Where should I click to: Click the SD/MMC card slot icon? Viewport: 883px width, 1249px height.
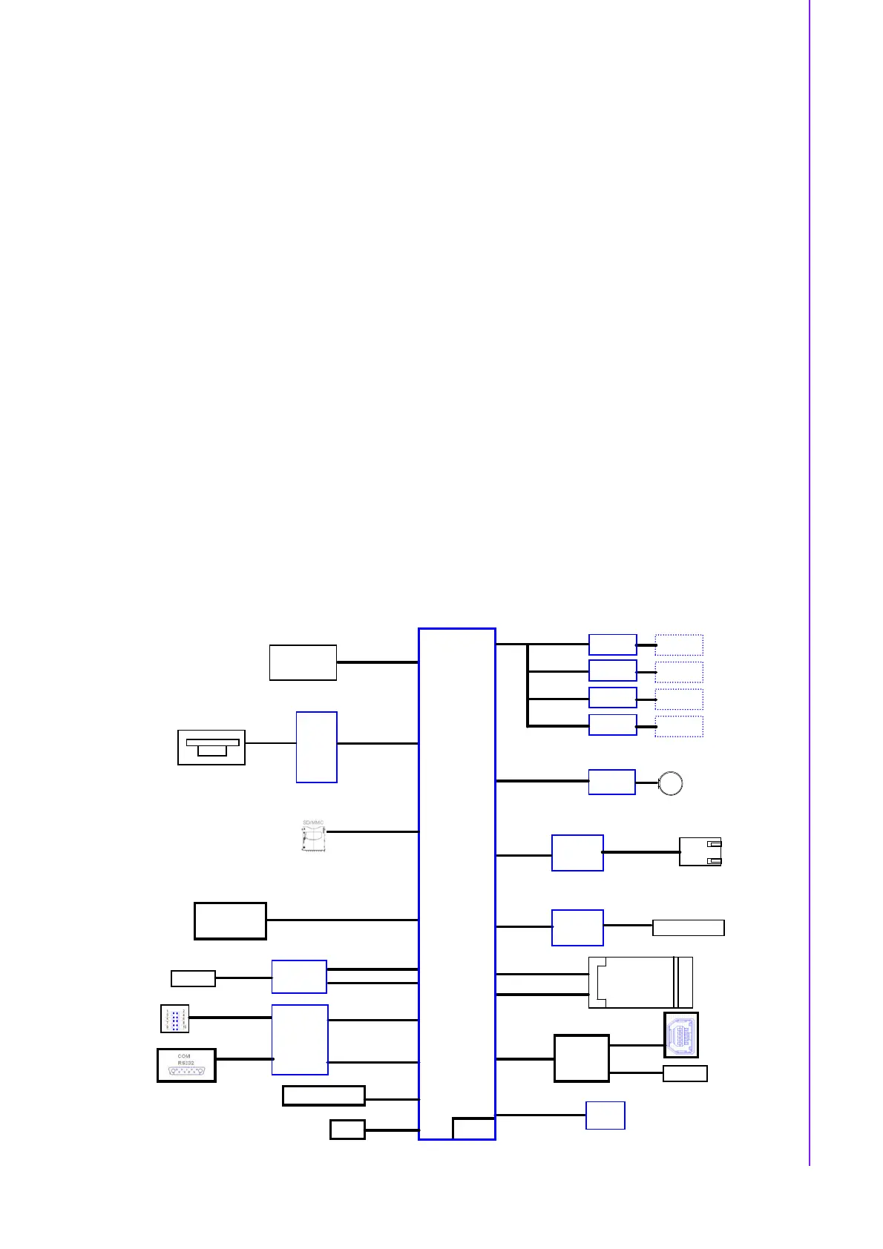(x=314, y=838)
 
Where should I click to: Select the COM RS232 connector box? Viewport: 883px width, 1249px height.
(x=186, y=1065)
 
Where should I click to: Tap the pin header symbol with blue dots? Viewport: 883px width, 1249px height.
(x=175, y=1018)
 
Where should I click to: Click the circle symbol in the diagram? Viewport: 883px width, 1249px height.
(x=671, y=783)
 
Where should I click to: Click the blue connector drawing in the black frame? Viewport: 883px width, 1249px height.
(x=680, y=1035)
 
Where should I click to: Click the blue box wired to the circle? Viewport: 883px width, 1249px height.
(x=611, y=782)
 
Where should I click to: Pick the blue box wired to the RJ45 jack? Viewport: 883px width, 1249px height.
(x=577, y=853)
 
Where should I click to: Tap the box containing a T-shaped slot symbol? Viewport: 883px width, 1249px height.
(x=211, y=747)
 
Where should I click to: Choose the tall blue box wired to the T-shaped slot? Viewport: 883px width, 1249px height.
(x=316, y=747)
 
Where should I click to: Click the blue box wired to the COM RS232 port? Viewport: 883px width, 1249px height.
(x=300, y=1040)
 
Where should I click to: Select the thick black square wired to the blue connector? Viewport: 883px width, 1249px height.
(x=582, y=1058)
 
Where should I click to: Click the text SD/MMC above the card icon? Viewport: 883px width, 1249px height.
(x=313, y=823)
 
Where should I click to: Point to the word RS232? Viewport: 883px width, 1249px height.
(x=185, y=1063)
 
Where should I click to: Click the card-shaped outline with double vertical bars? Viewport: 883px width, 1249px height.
(x=640, y=982)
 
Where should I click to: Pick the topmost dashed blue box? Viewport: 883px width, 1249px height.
(x=679, y=645)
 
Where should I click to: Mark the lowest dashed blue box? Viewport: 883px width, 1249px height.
(x=679, y=726)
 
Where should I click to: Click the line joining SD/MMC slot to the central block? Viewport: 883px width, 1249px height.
(x=372, y=831)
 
